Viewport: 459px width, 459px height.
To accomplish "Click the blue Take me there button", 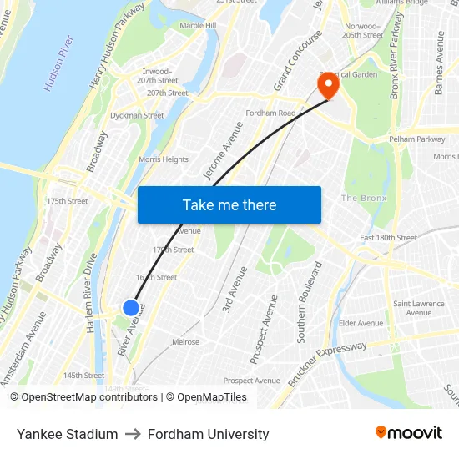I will point(229,204).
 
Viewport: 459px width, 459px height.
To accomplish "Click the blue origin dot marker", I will point(131,308).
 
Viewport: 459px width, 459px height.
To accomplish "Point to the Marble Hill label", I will point(198,26).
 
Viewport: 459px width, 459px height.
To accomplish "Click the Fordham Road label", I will point(270,113).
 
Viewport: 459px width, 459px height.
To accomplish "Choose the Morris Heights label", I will point(164,159).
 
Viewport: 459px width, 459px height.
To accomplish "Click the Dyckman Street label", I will point(137,116).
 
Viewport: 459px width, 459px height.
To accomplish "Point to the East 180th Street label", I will point(388,238).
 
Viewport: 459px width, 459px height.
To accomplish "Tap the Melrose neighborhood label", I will point(185,342).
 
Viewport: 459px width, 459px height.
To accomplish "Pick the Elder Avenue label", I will point(361,323).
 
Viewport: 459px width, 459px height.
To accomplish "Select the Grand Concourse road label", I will point(298,61).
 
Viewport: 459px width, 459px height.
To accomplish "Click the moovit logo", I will point(409,433).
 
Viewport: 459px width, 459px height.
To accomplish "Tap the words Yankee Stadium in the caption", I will point(67,434).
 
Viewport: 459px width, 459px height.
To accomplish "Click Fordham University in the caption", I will point(208,434).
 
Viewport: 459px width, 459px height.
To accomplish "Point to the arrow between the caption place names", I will point(133,434).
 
